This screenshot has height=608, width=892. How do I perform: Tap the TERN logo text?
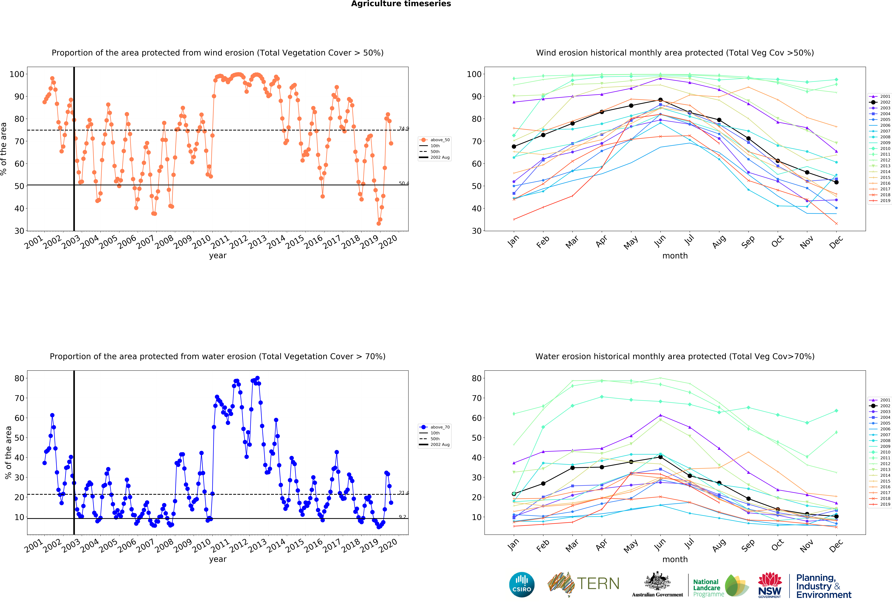click(x=598, y=584)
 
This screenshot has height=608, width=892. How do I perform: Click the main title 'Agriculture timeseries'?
click(x=401, y=4)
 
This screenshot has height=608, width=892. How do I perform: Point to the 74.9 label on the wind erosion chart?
click(x=404, y=129)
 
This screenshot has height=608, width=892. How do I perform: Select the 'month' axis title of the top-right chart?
click(x=675, y=256)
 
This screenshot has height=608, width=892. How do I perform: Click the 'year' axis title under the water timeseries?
click(x=218, y=559)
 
